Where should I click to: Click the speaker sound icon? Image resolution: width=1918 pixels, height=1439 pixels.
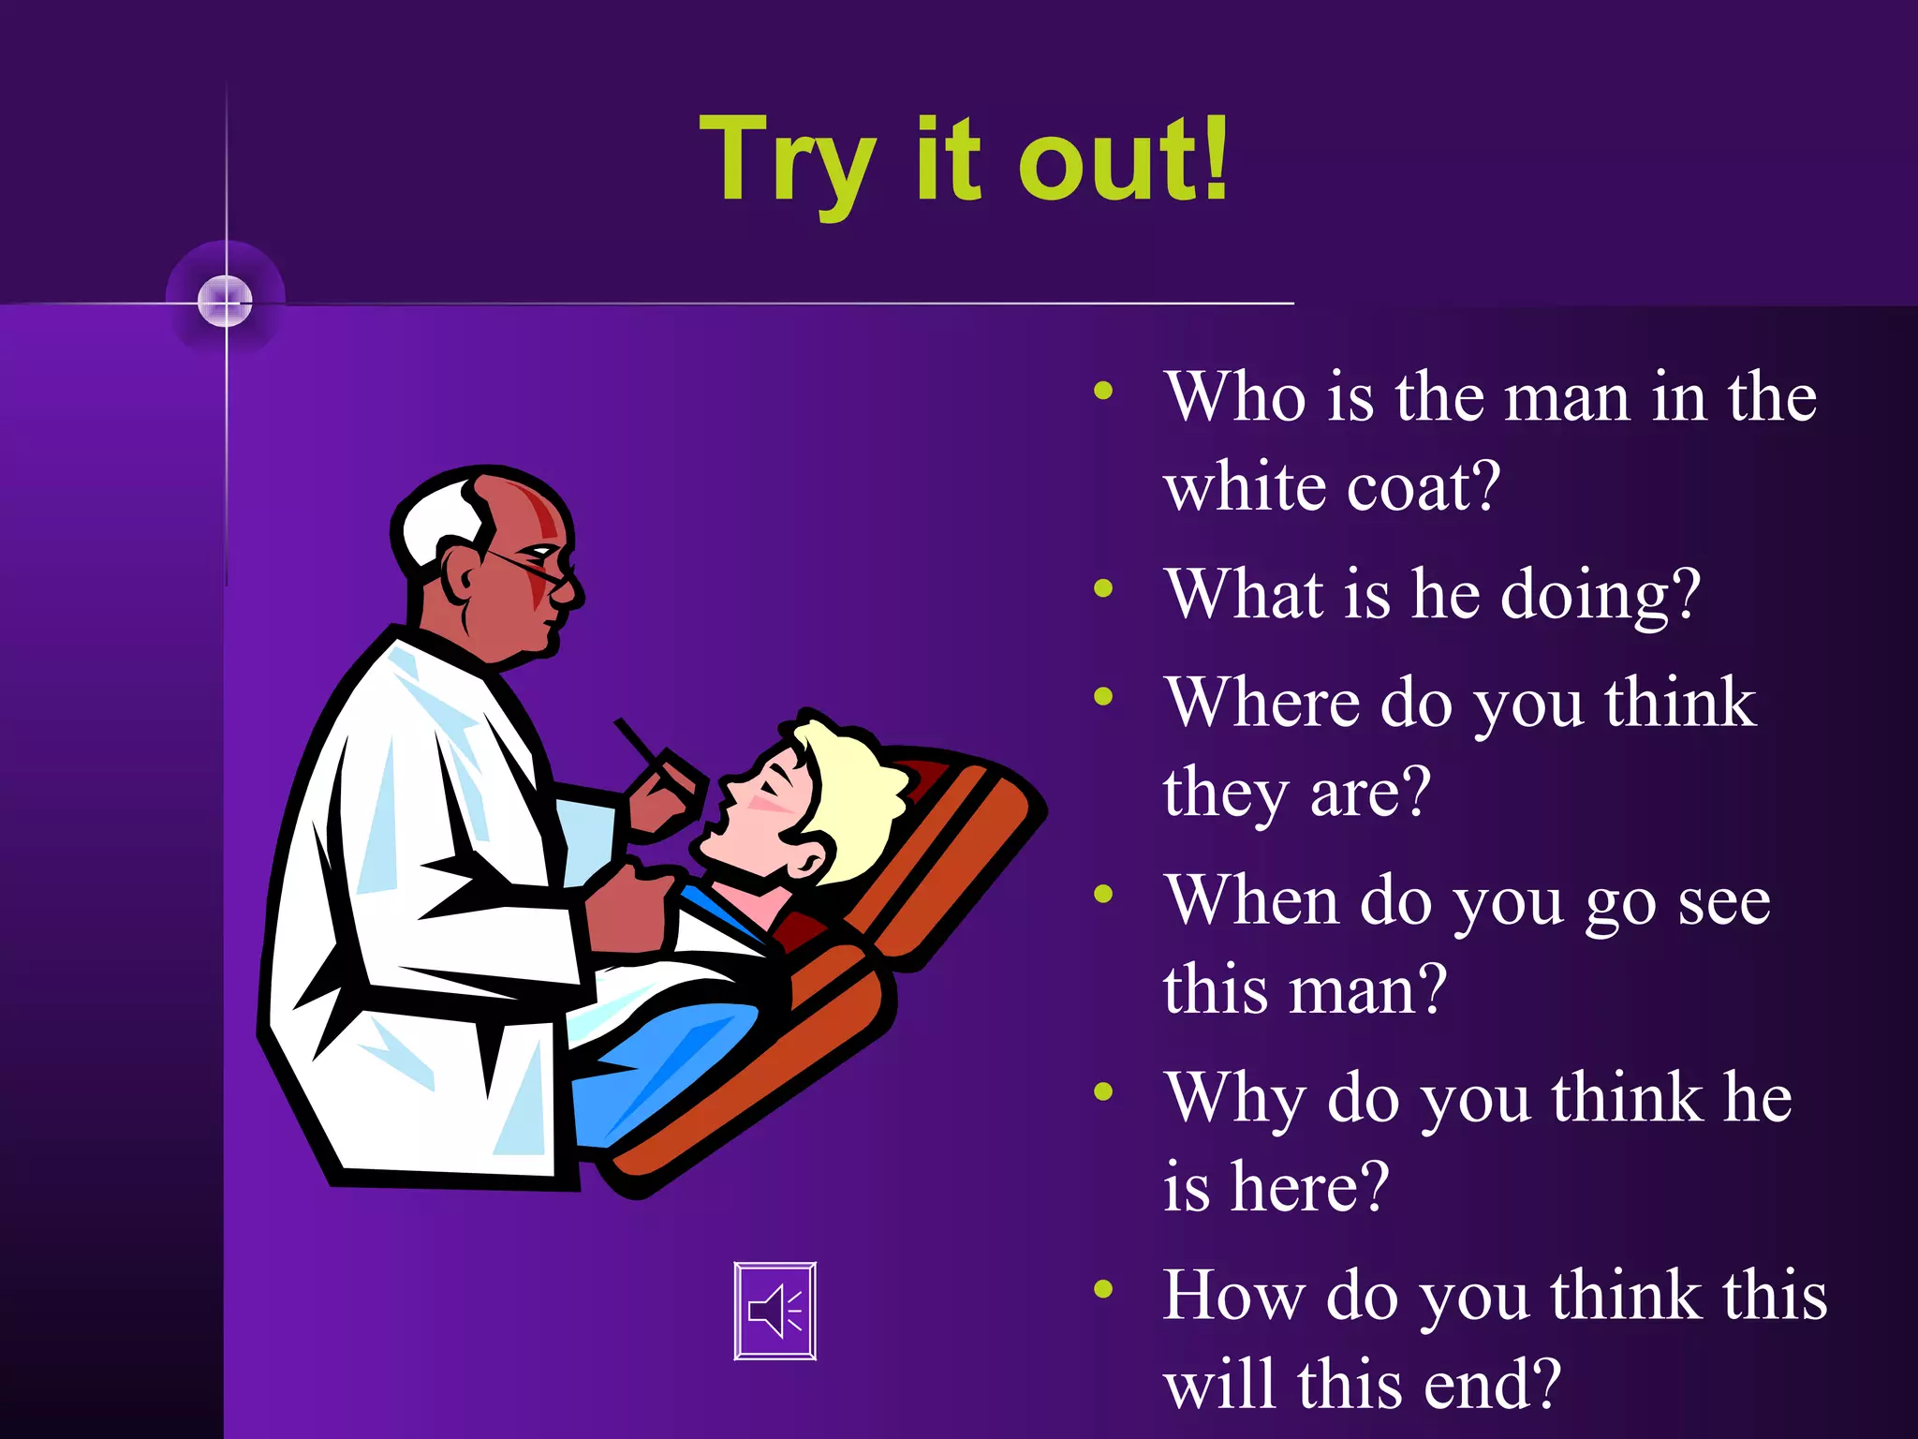pyautogui.click(x=775, y=1311)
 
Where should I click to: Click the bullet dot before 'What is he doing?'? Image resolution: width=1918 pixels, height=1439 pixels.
pyautogui.click(x=1104, y=588)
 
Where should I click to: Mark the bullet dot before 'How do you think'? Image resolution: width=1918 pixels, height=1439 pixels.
pyautogui.click(x=1104, y=1289)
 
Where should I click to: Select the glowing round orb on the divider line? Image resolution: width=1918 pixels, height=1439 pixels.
pyautogui.click(x=226, y=302)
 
